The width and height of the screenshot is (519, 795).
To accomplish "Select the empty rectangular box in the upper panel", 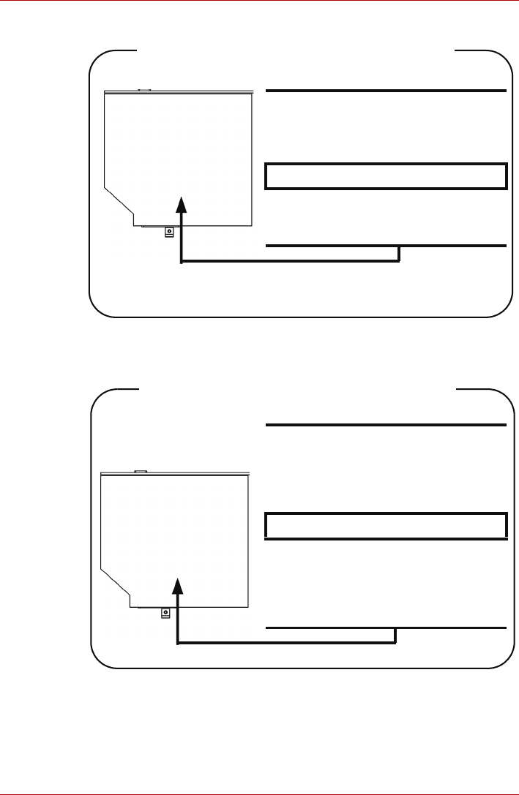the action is [386, 176].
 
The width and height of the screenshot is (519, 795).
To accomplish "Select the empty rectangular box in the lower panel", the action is [386, 525].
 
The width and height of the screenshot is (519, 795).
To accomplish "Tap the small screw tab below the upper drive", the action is [169, 231].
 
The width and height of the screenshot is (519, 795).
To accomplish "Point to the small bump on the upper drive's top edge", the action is [143, 91].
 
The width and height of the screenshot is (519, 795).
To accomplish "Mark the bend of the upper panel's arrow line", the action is [181, 261].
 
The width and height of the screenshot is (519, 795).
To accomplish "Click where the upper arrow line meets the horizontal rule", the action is [400, 246].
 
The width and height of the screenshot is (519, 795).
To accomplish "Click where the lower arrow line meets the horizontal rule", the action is [396, 628].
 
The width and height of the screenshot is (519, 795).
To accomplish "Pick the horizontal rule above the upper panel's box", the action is [386, 91].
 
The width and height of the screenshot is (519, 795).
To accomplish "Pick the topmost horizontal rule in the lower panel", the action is [386, 425].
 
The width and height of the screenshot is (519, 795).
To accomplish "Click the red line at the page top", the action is [259, 1].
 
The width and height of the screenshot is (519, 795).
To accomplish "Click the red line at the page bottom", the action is [259, 794].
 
